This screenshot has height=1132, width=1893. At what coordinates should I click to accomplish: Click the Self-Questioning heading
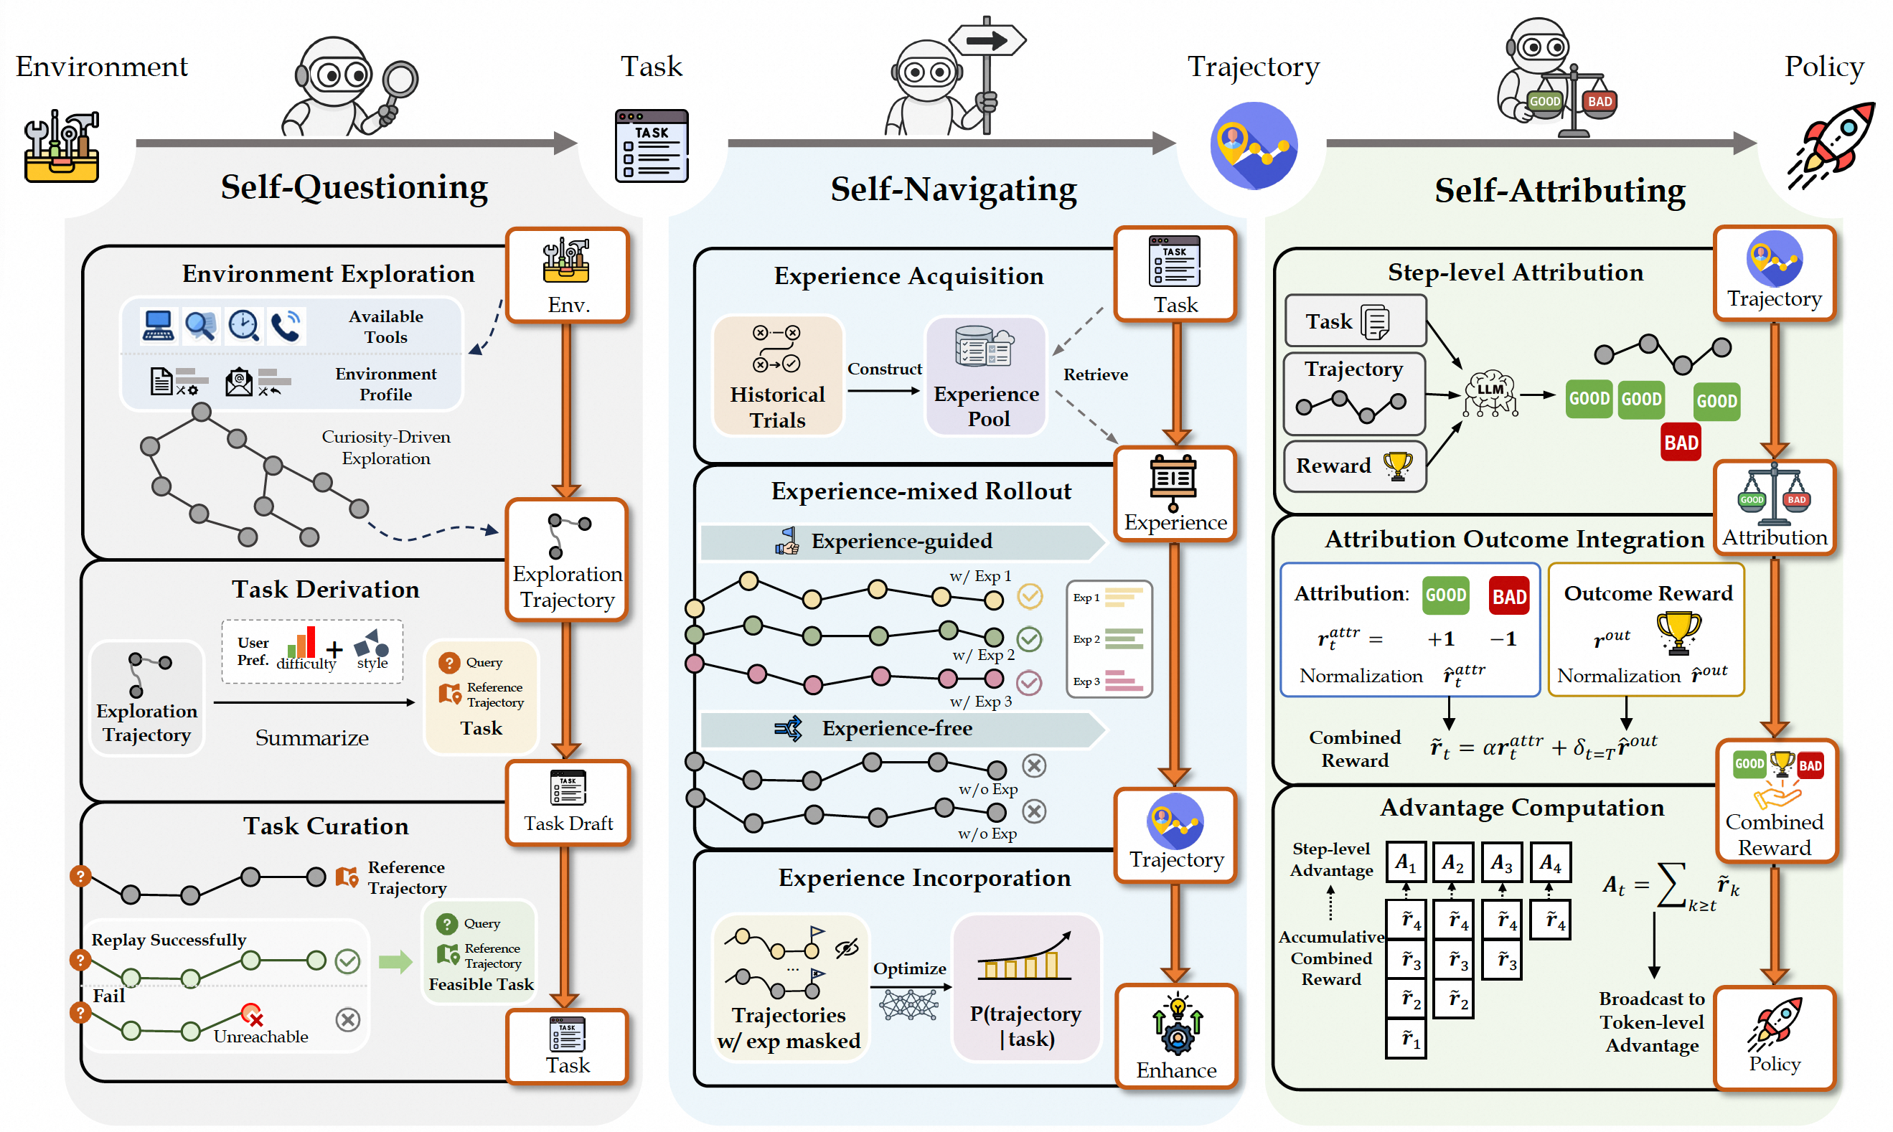click(354, 187)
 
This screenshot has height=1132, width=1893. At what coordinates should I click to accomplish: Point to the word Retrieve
click(1096, 374)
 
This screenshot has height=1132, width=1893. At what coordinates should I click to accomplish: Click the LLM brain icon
click(1490, 394)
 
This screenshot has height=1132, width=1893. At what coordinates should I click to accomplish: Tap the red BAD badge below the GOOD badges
click(1681, 443)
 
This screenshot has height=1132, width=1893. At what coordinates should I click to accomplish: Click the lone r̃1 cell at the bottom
click(1406, 1039)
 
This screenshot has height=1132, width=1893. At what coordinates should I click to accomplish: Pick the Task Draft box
click(568, 803)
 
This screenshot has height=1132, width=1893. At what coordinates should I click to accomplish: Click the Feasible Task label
click(481, 985)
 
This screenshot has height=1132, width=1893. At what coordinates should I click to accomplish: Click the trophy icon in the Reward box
click(1398, 466)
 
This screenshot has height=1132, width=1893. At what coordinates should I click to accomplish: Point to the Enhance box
click(1176, 1036)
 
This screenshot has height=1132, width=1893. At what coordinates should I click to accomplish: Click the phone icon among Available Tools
click(286, 326)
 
